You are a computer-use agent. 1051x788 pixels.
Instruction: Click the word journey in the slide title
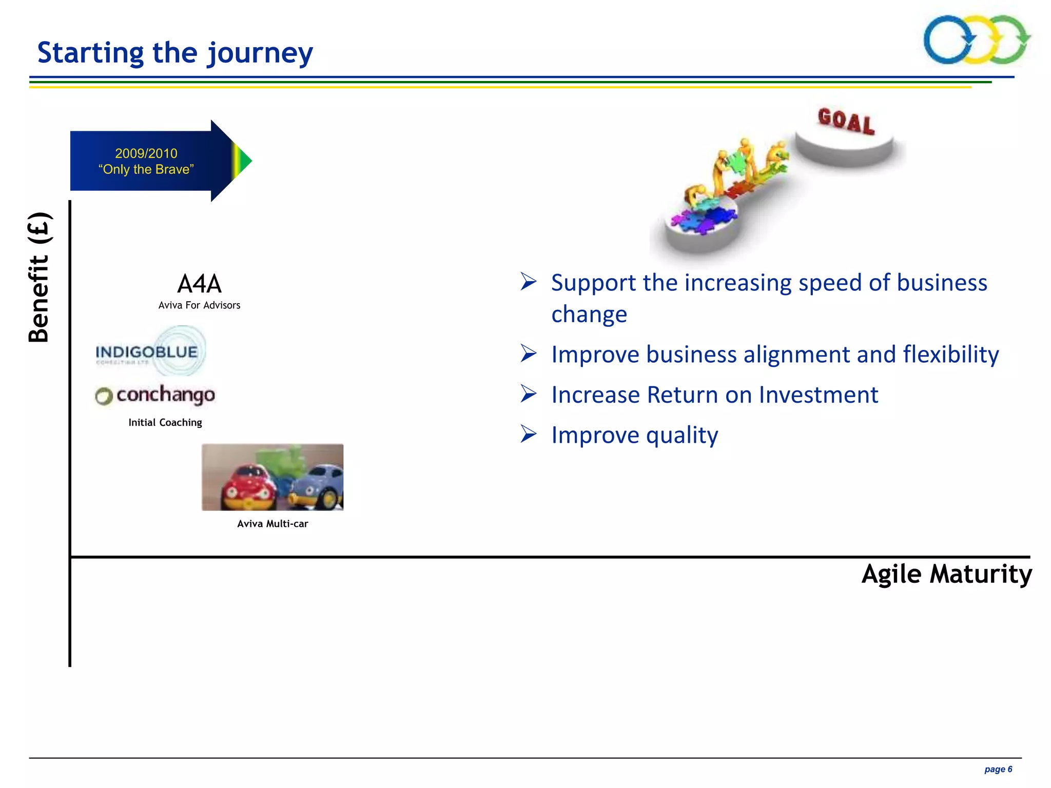point(260,53)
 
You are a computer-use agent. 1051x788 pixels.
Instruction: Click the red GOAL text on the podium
point(846,121)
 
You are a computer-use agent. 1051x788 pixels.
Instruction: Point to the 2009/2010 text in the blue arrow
point(146,153)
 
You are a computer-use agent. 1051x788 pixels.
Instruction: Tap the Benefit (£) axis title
point(39,277)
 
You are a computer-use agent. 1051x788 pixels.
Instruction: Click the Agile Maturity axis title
point(946,574)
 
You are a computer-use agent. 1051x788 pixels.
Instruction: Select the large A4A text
point(199,283)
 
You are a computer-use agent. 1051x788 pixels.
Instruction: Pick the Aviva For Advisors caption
point(199,305)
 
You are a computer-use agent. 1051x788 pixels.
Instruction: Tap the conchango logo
point(156,395)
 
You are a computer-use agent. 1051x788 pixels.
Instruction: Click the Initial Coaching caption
point(165,422)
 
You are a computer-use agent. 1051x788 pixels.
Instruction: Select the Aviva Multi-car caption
point(273,524)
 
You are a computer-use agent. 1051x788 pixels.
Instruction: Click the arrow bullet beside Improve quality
point(529,434)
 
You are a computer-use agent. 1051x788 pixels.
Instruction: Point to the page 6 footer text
point(998,769)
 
